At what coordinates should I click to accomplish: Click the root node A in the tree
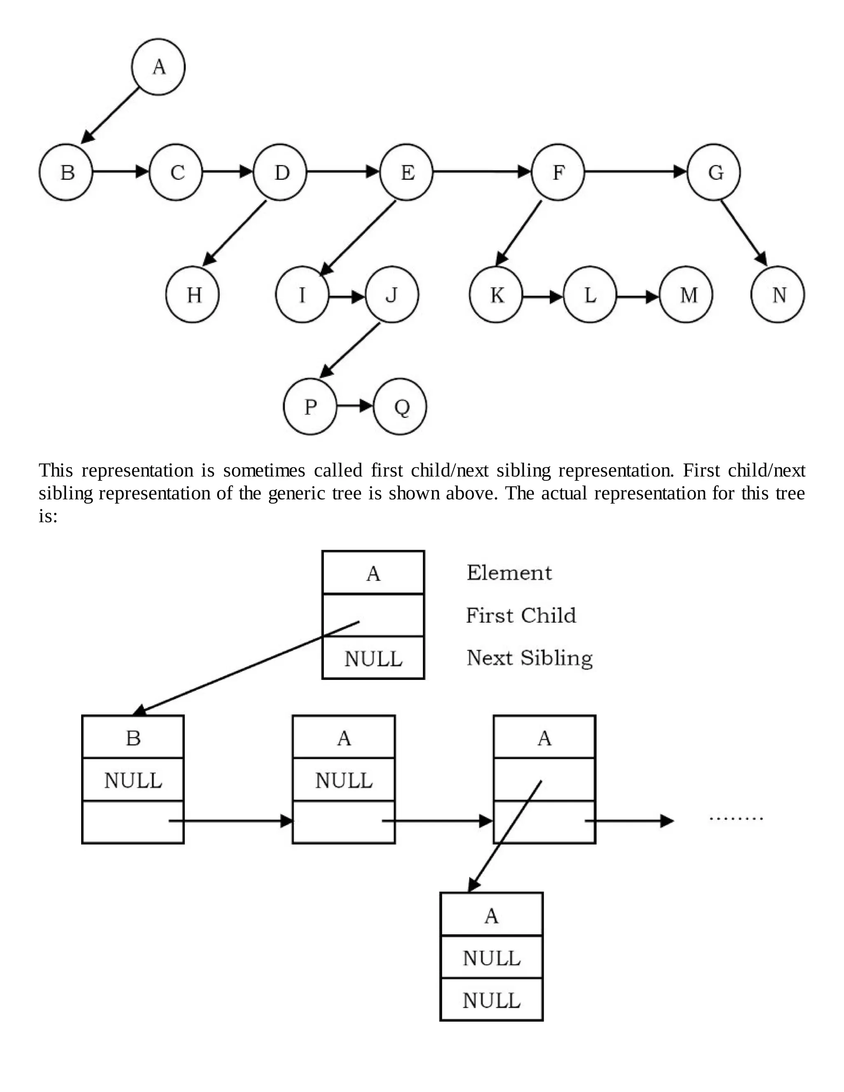[158, 66]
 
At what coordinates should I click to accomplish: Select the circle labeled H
[192, 295]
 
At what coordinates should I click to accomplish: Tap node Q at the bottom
[400, 406]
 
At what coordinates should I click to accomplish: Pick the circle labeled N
[778, 295]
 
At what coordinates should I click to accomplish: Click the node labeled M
[686, 295]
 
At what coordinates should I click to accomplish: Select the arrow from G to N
[743, 232]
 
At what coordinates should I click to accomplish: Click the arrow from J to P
[350, 350]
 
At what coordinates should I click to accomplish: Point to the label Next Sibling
[530, 658]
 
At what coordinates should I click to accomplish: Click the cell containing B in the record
[133, 738]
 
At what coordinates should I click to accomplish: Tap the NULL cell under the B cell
[133, 780]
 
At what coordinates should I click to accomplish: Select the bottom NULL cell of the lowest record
[492, 1001]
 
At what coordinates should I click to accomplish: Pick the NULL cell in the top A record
[373, 658]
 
